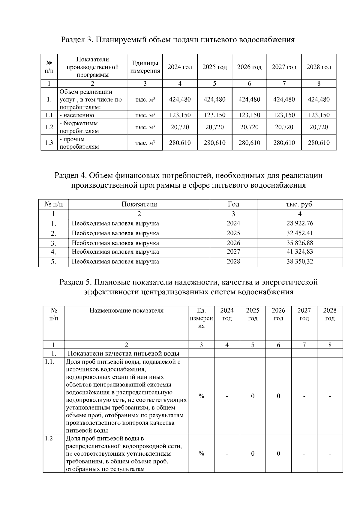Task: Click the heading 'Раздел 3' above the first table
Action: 77,40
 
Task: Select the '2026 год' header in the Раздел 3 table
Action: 249,67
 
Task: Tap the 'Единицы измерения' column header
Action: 145,67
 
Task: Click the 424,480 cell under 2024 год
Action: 180,99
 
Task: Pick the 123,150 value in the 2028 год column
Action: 319,115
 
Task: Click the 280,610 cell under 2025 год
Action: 214,143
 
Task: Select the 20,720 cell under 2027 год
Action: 284,127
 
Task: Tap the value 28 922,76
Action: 300,223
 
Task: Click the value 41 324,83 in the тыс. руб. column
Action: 300,252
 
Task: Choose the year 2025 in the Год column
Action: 233,233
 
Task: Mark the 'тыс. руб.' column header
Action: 300,204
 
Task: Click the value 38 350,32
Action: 300,261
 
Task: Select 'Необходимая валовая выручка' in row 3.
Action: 115,243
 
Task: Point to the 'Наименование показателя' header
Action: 126,311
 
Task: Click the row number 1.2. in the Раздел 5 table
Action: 49,439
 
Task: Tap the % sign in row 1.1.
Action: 201,396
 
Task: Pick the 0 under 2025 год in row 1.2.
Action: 253,454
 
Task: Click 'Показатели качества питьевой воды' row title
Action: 123,353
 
